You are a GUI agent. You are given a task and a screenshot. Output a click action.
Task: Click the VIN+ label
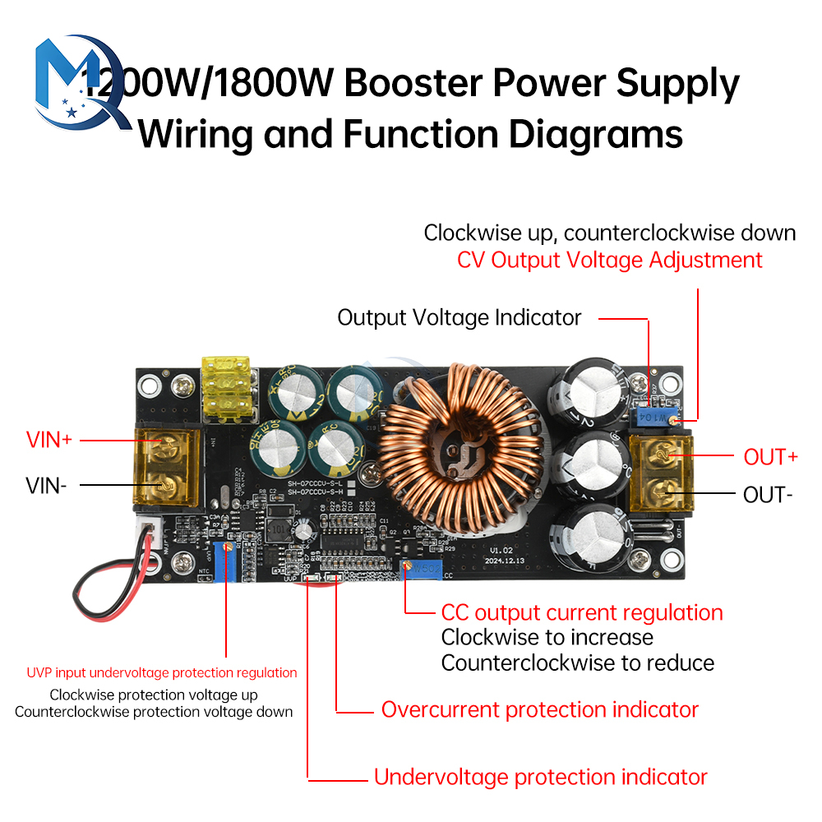coord(49,440)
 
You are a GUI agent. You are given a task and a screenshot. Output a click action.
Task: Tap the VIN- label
coord(46,485)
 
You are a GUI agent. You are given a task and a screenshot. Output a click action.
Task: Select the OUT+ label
coord(770,457)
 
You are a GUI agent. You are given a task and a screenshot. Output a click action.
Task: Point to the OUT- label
coord(768,495)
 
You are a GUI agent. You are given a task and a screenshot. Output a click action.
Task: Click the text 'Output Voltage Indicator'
coord(459,317)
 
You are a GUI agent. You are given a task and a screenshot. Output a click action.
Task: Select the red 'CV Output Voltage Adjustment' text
coord(610,261)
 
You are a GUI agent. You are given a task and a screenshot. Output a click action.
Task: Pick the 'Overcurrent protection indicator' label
coord(539,709)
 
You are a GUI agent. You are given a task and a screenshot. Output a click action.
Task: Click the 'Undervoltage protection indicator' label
coord(540,777)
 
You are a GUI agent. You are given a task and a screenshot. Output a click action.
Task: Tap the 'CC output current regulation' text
coord(582,612)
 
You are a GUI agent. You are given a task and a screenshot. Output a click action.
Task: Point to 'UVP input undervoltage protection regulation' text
coord(162,672)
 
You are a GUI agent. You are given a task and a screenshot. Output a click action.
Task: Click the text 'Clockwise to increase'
coord(547,637)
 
